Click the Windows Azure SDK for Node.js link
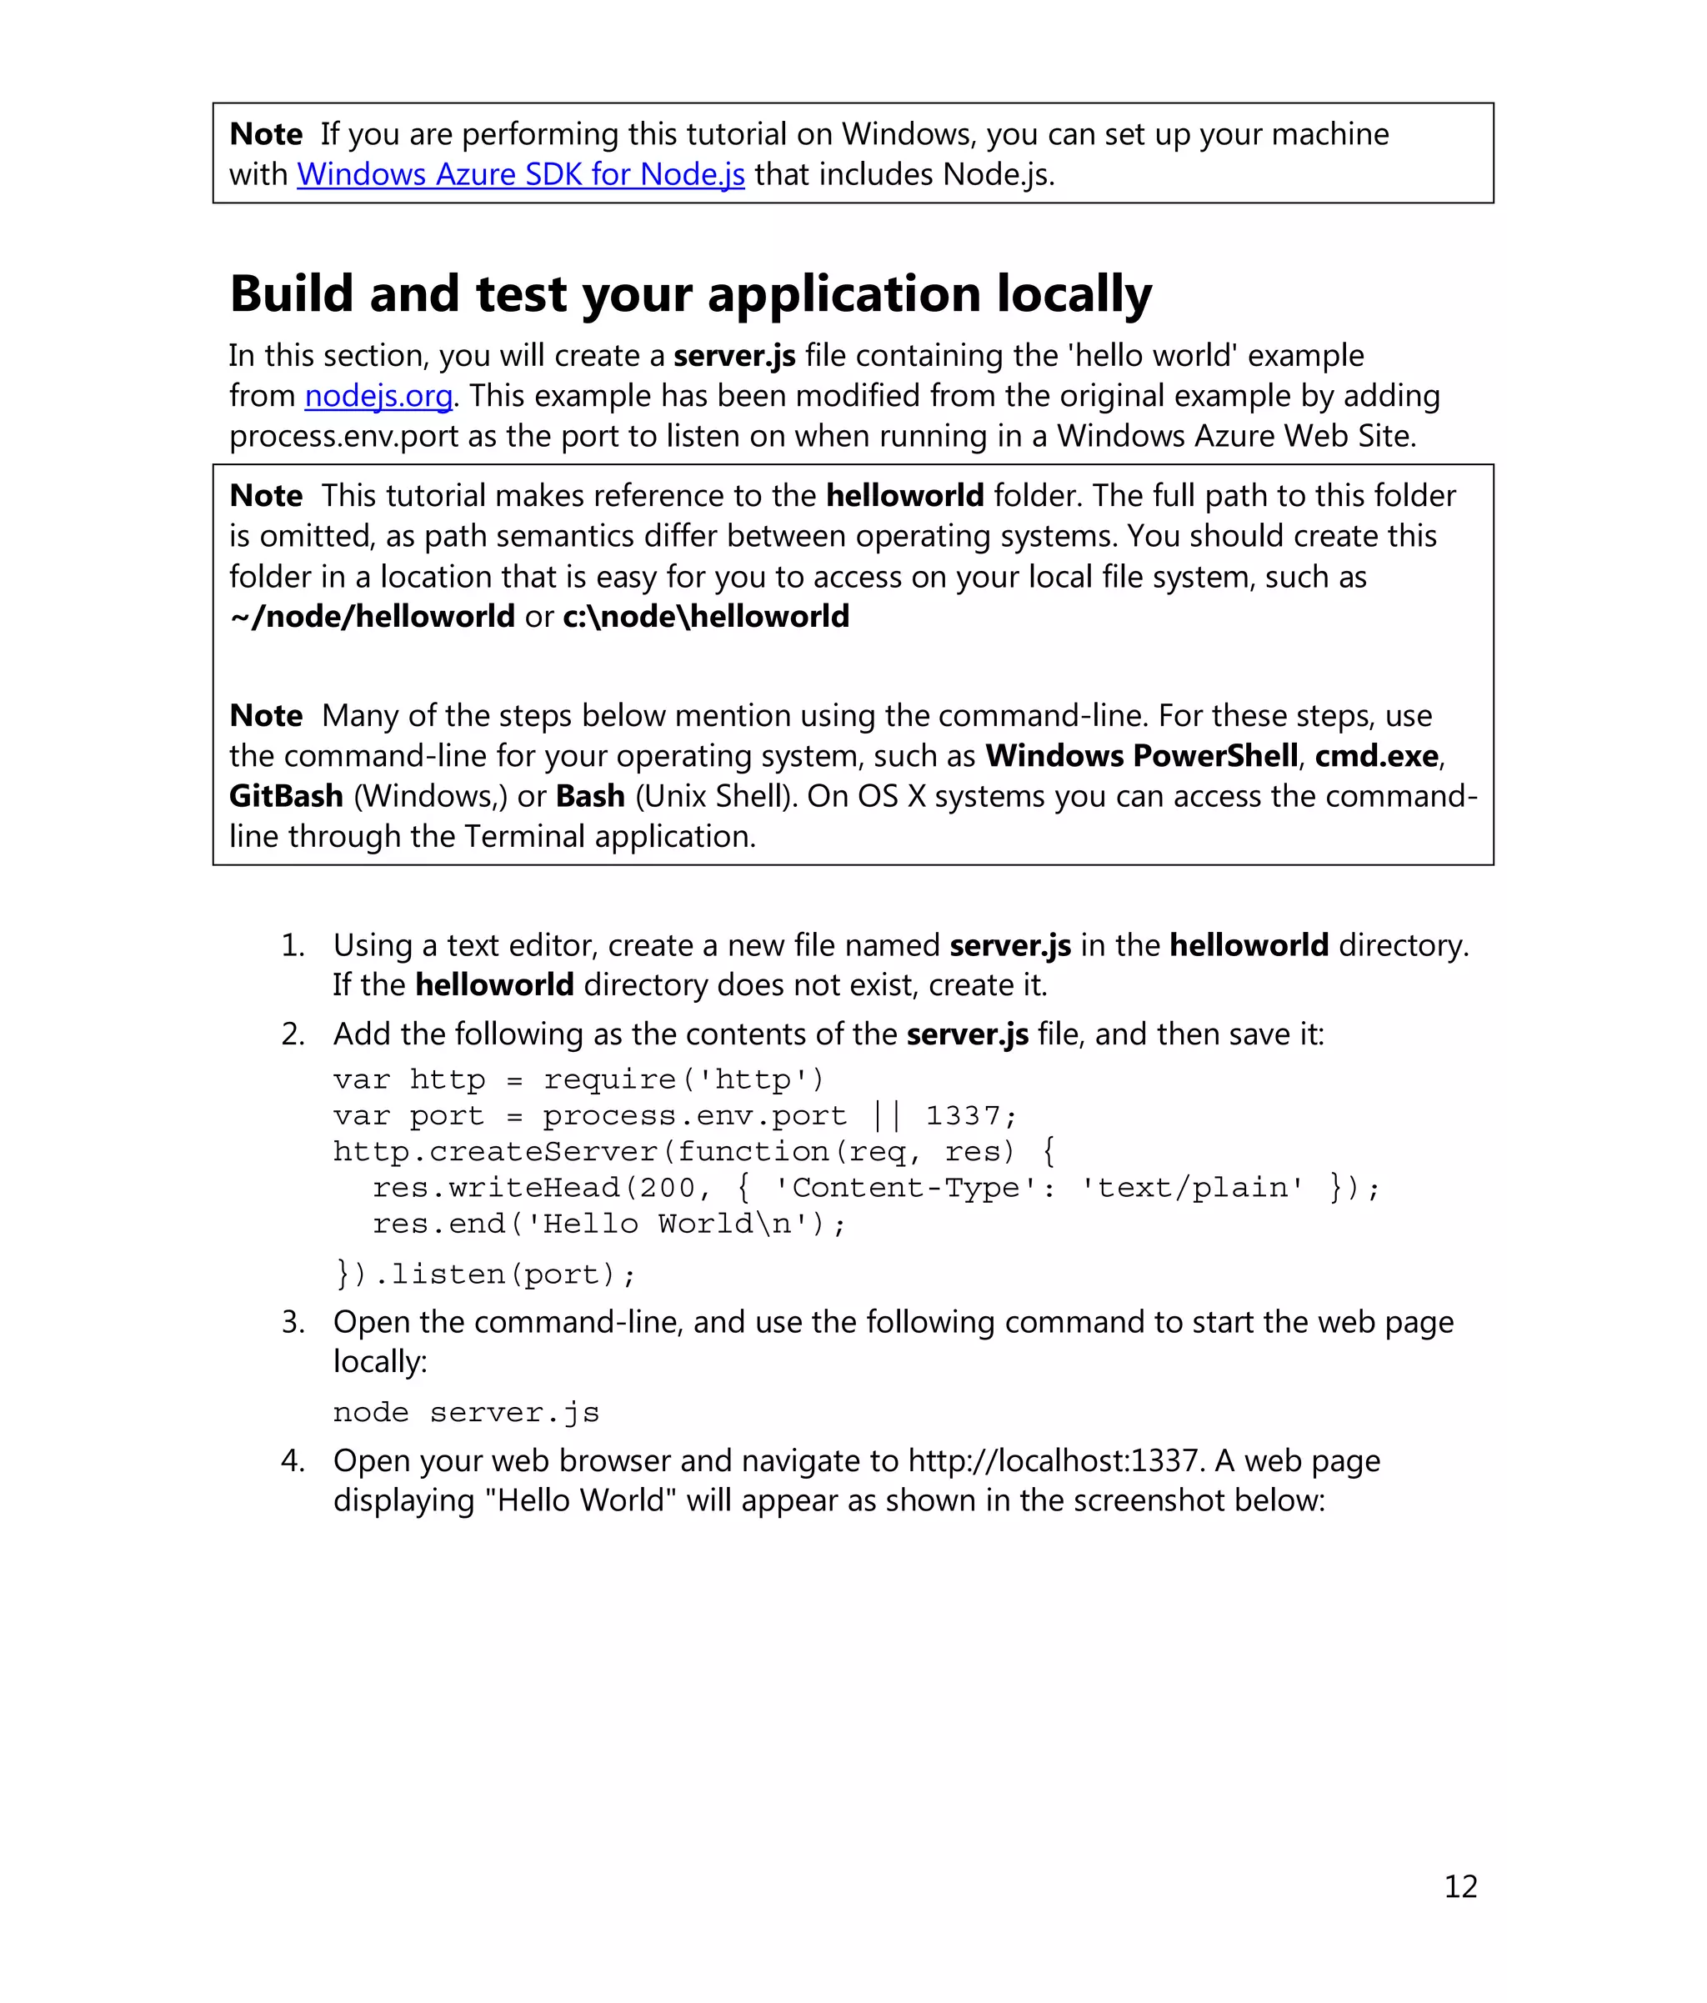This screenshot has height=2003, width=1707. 520,174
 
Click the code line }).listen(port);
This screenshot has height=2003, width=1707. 485,1274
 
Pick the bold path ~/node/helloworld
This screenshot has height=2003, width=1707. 372,617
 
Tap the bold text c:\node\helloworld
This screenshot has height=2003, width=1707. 706,617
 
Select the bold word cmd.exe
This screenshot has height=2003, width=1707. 1376,756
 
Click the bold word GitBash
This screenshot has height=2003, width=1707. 286,797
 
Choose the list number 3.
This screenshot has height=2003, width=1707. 292,1323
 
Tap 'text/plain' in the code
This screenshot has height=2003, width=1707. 1192,1187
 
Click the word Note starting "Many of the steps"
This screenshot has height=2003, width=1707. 266,715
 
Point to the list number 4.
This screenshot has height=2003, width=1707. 292,1460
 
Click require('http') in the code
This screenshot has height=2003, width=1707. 683,1079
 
